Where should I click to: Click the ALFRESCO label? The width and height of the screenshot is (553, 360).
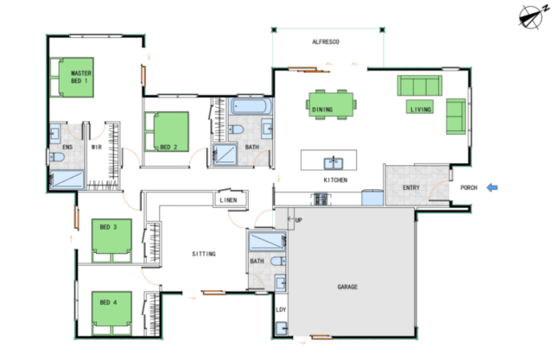tap(326, 42)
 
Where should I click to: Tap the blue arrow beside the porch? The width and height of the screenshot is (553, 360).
tap(492, 187)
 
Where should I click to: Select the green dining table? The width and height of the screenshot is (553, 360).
tap(331, 104)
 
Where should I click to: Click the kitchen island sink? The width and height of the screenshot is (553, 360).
tap(334, 163)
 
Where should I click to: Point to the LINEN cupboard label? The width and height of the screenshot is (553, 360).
tap(228, 200)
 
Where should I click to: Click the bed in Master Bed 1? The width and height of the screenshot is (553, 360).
tap(72, 77)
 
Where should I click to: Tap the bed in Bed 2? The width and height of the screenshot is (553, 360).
tap(167, 132)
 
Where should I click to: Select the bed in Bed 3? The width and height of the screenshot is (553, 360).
tap(111, 241)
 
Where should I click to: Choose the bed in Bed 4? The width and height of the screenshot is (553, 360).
tap(111, 313)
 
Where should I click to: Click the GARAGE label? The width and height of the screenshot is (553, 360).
tap(347, 287)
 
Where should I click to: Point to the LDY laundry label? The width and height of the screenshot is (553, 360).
tap(281, 310)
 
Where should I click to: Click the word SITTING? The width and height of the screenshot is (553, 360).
tap(204, 254)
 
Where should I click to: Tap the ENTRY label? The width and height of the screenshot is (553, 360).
tap(411, 187)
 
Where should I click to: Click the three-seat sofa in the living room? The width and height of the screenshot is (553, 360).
tap(420, 85)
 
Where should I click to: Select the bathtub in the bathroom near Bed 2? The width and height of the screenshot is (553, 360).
tap(251, 106)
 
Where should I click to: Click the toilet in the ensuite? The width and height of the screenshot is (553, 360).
tap(56, 156)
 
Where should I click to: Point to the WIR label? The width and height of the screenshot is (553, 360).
tap(97, 147)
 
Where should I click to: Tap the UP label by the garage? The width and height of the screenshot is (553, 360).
tap(298, 220)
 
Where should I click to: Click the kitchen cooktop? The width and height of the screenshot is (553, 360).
tap(321, 199)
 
